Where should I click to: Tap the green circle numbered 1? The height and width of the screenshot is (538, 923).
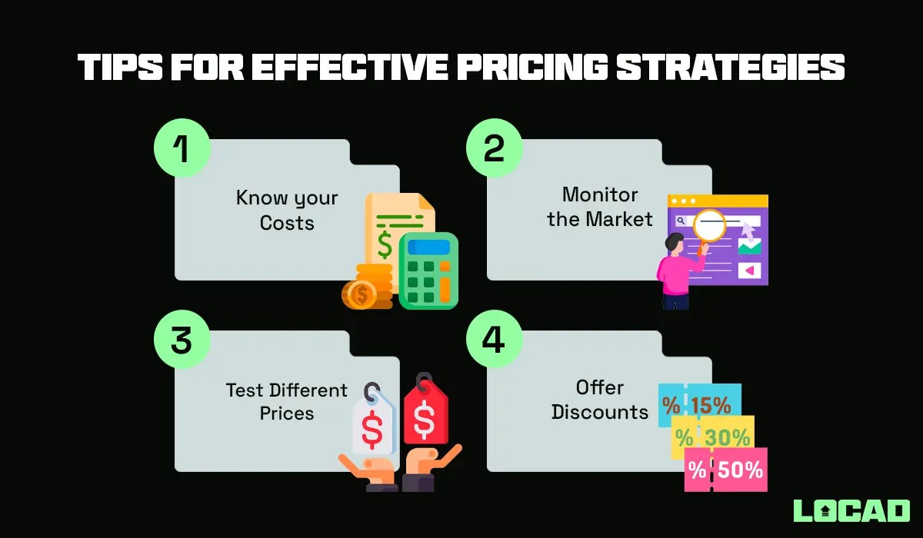pyautogui.click(x=182, y=147)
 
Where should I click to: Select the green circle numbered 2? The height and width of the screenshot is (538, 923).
pyautogui.click(x=494, y=147)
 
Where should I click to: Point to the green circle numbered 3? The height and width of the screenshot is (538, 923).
pyautogui.click(x=182, y=339)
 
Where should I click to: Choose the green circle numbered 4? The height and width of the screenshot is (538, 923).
pyautogui.click(x=494, y=339)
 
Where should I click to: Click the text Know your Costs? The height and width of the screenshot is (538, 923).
pyautogui.click(x=286, y=211)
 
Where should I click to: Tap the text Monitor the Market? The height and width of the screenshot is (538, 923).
pyautogui.click(x=600, y=206)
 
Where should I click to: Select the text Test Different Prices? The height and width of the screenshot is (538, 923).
pyautogui.click(x=286, y=401)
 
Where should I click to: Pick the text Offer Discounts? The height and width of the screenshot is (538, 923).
pyautogui.click(x=600, y=400)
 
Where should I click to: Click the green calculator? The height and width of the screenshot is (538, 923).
pyautogui.click(x=428, y=271)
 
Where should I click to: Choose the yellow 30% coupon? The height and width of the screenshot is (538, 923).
pyautogui.click(x=713, y=437)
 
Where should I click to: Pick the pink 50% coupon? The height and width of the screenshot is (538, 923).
pyautogui.click(x=726, y=470)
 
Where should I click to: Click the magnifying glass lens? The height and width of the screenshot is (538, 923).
pyautogui.click(x=709, y=225)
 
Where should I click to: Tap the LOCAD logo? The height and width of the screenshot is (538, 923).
pyautogui.click(x=851, y=511)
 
